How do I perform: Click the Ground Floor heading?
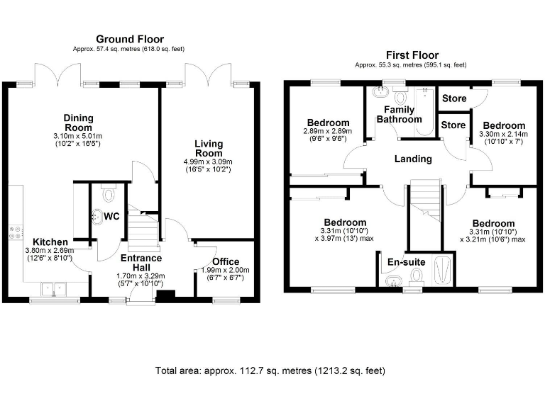pyautogui.click(x=130, y=39)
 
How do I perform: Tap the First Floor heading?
pyautogui.click(x=412, y=55)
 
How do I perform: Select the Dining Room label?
pyautogui.click(x=79, y=123)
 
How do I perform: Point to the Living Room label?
pyautogui.click(x=209, y=149)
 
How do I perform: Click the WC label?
pyautogui.click(x=111, y=217)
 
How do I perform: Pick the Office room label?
pyautogui.click(x=226, y=261)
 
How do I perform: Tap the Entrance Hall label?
pyautogui.click(x=141, y=263)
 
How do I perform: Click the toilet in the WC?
pyautogui.click(x=109, y=193)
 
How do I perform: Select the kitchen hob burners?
pyautogui.click(x=16, y=232)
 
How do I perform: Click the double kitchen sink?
pyautogui.click(x=54, y=289)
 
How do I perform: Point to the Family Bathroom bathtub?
pyautogui.click(x=424, y=112)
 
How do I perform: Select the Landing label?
pyautogui.click(x=413, y=159)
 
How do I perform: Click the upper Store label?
pyautogui.click(x=454, y=98)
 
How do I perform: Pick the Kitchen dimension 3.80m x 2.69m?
pyautogui.click(x=50, y=251)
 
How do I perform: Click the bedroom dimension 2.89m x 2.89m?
pyautogui.click(x=328, y=131)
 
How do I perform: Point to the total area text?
pyautogui.click(x=270, y=371)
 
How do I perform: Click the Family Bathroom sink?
pyautogui.click(x=380, y=92)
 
